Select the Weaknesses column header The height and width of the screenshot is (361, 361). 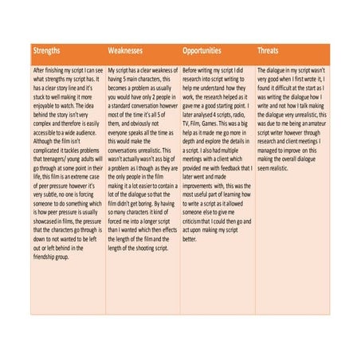128,50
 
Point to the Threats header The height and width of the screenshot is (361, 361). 269,50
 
